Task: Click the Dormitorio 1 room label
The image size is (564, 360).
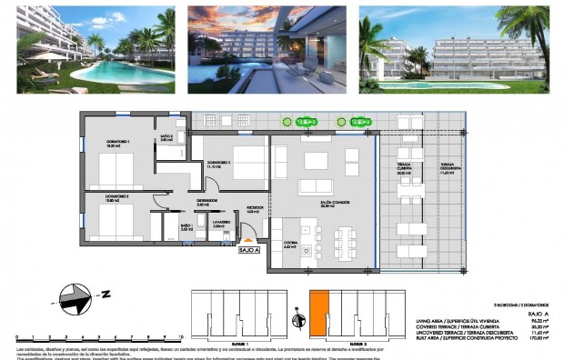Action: click(117, 144)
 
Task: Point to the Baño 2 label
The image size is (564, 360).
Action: click(166, 138)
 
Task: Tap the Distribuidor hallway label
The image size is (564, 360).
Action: click(208, 203)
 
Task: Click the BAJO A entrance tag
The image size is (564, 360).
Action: click(248, 250)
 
